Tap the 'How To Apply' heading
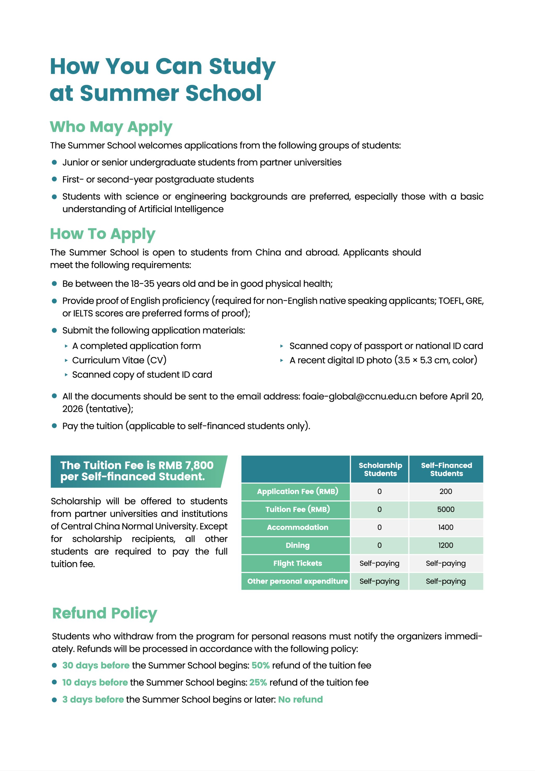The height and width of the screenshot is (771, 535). (x=103, y=234)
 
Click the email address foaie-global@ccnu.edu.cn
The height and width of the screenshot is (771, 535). (x=359, y=396)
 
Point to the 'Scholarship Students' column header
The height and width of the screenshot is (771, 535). (x=380, y=469)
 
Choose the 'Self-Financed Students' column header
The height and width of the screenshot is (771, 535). (x=446, y=469)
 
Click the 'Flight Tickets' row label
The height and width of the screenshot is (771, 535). (x=297, y=563)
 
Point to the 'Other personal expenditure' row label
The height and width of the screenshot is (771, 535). (x=297, y=581)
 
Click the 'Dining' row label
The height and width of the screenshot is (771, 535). (x=297, y=545)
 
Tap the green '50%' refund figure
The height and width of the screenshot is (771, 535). (x=260, y=665)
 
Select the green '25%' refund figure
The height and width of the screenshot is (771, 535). (x=258, y=682)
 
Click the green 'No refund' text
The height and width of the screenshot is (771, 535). (x=300, y=699)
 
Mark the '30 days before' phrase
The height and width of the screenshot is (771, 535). (x=96, y=665)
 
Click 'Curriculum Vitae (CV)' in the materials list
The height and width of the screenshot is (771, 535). (x=119, y=360)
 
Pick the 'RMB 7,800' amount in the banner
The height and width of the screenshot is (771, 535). (x=186, y=465)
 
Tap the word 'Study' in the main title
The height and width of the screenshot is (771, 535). (x=242, y=66)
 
